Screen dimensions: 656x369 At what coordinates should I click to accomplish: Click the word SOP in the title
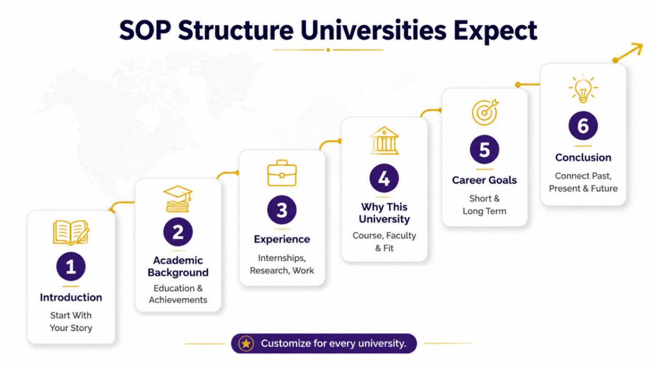(145, 30)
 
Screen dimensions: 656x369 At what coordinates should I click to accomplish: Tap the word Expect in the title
(496, 31)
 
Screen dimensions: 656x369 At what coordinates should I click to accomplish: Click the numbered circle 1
(71, 266)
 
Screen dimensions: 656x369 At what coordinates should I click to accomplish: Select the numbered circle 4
(384, 178)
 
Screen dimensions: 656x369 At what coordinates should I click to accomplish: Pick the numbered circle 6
(583, 126)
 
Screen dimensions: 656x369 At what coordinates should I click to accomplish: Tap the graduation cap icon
(178, 199)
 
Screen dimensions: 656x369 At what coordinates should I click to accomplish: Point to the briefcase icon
(282, 173)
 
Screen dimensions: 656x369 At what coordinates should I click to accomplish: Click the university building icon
(384, 140)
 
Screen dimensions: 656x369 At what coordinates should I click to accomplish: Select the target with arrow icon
(485, 112)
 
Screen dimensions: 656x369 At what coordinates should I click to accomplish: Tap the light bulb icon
(583, 88)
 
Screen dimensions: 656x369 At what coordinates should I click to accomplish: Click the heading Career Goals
(484, 180)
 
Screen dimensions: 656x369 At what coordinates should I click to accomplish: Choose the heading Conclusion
(583, 158)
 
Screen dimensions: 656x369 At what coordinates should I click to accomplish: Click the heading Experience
(282, 239)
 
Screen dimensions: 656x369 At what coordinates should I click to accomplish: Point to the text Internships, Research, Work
(282, 264)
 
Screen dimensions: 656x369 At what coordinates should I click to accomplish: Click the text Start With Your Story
(71, 321)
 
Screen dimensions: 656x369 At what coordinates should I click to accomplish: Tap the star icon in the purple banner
(246, 343)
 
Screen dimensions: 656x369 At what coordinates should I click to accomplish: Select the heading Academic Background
(178, 266)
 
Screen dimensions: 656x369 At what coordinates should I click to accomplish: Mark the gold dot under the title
(328, 50)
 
